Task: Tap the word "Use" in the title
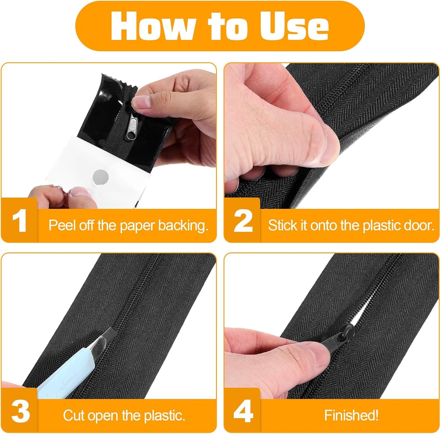(294, 26)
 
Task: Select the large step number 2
(243, 221)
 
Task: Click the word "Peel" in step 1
(61, 225)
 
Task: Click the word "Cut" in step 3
(74, 415)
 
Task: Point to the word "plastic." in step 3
(165, 415)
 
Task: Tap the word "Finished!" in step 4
(351, 415)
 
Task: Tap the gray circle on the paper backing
(100, 177)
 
